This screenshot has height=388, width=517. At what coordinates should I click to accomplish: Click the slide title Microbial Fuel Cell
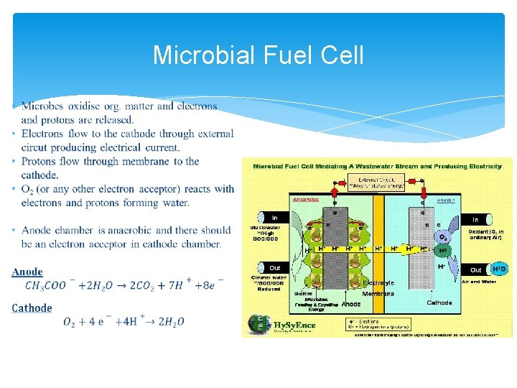coord(258,55)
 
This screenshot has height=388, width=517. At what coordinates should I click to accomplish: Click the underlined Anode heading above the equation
coord(27,272)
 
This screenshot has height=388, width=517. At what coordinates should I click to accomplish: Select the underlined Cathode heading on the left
coord(32,308)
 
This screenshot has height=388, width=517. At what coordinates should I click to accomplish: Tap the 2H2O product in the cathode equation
coord(170,322)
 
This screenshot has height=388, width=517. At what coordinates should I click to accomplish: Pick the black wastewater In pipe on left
coord(270,216)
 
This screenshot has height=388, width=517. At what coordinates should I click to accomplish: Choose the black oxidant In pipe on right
coord(475,218)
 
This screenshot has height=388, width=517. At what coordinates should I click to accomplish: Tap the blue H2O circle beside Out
coord(498,269)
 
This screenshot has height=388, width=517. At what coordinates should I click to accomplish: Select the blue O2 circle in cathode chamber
coord(443,236)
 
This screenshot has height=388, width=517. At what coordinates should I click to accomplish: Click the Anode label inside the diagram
coord(351,304)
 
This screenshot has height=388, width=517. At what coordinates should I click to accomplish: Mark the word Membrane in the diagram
coord(378,293)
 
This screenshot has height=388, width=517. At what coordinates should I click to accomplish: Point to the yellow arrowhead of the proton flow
coord(414,249)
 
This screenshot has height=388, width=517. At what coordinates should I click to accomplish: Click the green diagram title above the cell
coord(377,166)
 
